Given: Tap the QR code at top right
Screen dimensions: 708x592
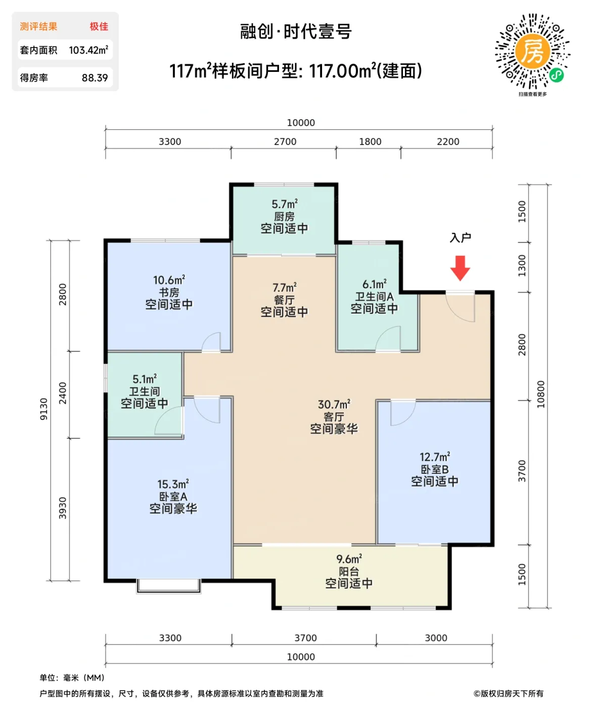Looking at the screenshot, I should [x=532, y=52].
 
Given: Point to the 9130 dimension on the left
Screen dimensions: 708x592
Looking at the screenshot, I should [x=44, y=409].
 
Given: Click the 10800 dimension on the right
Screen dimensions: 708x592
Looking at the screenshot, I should [x=541, y=394].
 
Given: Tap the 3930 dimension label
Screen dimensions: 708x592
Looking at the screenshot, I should [x=63, y=508].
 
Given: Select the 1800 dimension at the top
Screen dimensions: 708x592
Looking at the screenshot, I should [x=370, y=142].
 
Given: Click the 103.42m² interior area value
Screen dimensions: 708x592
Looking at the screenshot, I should [x=88, y=50].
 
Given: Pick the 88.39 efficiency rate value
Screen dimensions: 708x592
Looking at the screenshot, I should [x=95, y=78].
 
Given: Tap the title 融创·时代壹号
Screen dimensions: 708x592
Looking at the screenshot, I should [x=296, y=32].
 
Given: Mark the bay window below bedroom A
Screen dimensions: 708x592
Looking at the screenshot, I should [x=169, y=586].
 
